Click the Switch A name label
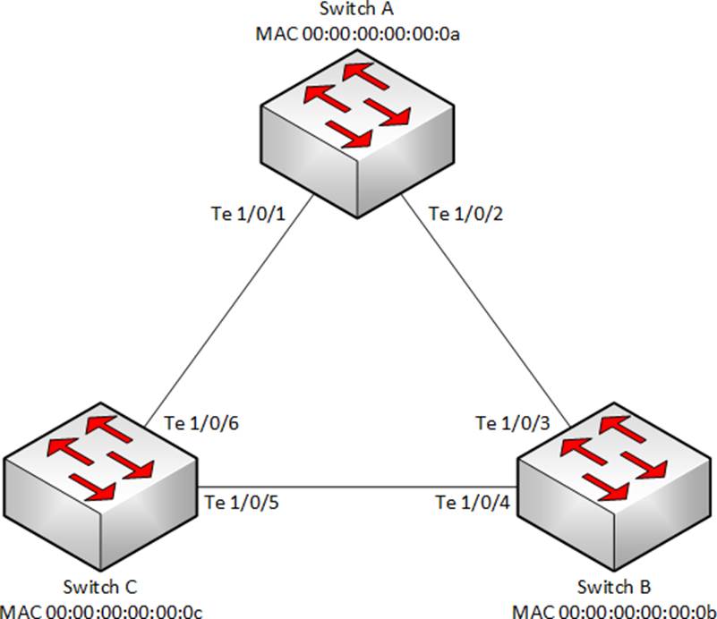coord(358,11)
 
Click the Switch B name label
coord(615,589)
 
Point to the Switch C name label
coord(100,589)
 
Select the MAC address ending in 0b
coord(615,611)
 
